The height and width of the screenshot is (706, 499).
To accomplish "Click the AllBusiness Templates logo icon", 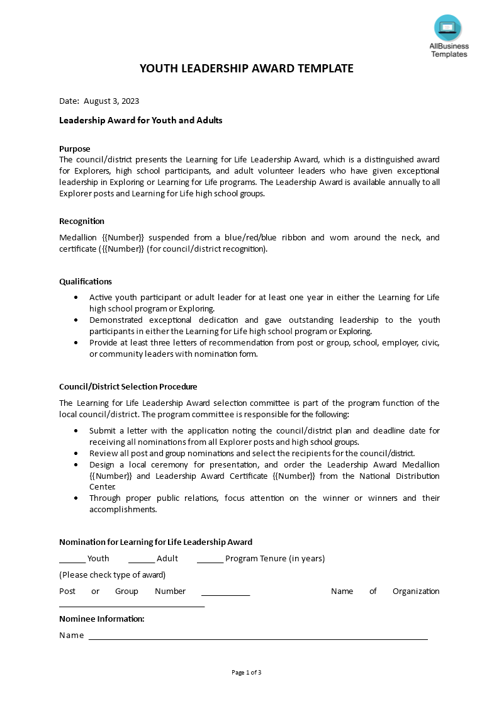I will pyautogui.click(x=447, y=28).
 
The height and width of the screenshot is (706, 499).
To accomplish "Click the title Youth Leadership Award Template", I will pyautogui.click(x=247, y=69).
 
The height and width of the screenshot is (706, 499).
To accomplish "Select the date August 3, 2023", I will pyautogui.click(x=111, y=101).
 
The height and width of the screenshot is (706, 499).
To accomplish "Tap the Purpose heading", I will pyautogui.click(x=75, y=149).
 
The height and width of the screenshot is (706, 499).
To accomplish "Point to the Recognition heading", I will pyautogui.click(x=82, y=221).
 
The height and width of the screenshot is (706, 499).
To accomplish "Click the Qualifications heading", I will pyautogui.click(x=86, y=281).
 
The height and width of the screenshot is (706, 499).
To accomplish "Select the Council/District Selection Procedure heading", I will pyautogui.click(x=128, y=387).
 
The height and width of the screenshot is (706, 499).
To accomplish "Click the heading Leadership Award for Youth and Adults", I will pyautogui.click(x=140, y=120).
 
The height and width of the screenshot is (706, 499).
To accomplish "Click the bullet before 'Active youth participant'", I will pyautogui.click(x=76, y=297).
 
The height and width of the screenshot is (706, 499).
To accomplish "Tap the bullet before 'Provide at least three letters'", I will pyautogui.click(x=76, y=343).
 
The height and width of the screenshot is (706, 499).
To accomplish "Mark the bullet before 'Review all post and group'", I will pyautogui.click(x=76, y=453).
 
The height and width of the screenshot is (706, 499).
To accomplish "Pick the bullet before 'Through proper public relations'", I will pyautogui.click(x=76, y=498).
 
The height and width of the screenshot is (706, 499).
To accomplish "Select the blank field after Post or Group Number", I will pyautogui.click(x=225, y=593).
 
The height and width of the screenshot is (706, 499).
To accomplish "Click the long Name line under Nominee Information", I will pyautogui.click(x=258, y=638).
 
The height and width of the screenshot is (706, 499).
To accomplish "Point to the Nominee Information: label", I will pyautogui.click(x=102, y=619).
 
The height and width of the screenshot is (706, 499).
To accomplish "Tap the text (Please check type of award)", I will pyautogui.click(x=113, y=574).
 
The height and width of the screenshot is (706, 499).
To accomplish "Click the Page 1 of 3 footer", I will pyautogui.click(x=247, y=673).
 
